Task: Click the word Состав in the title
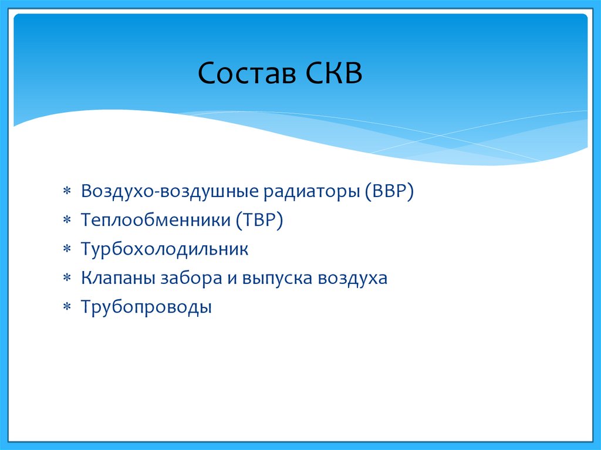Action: pyautogui.click(x=247, y=73)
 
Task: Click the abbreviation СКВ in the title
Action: pyautogui.click(x=334, y=73)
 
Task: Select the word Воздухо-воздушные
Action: pyautogui.click(x=170, y=191)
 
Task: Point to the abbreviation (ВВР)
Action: pyautogui.click(x=389, y=191)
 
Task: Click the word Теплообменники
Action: pyautogui.click(x=156, y=220)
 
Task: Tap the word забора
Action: pyautogui.click(x=191, y=278)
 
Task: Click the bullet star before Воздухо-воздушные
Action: pyautogui.click(x=67, y=191)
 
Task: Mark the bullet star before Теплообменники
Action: pyautogui.click(x=67, y=220)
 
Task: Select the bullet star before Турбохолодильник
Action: pyautogui.click(x=67, y=249)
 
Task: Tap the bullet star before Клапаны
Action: pyautogui.click(x=67, y=278)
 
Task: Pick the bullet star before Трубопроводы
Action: pyautogui.click(x=67, y=307)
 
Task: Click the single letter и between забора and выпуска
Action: pyautogui.click(x=232, y=279)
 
